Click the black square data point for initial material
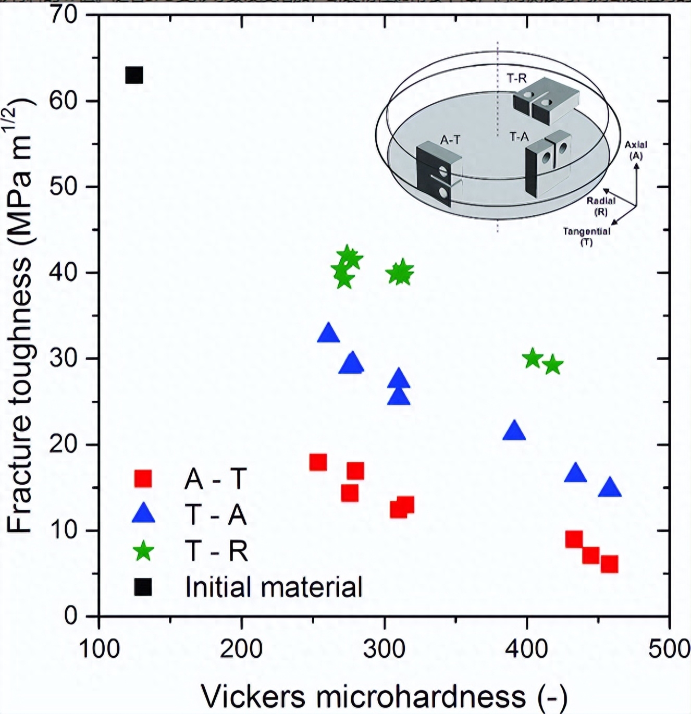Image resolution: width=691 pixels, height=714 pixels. pyautogui.click(x=134, y=76)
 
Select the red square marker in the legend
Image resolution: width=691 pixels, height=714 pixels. pyautogui.click(x=143, y=478)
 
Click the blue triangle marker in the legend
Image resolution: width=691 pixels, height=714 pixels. pyautogui.click(x=143, y=514)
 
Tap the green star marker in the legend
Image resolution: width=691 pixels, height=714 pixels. pyautogui.click(x=143, y=551)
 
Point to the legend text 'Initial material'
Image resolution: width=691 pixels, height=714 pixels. pyautogui.click(x=274, y=587)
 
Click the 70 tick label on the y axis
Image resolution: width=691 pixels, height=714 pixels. pyautogui.click(x=64, y=14)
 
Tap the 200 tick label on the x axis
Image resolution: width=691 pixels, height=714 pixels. pyautogui.click(x=241, y=649)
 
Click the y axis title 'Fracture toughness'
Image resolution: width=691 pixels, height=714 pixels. pyautogui.click(x=21, y=318)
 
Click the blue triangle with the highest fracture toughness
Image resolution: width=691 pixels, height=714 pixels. pyautogui.click(x=328, y=333)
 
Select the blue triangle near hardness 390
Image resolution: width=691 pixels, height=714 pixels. pyautogui.click(x=514, y=431)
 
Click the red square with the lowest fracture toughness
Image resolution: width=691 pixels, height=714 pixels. pyautogui.click(x=609, y=564)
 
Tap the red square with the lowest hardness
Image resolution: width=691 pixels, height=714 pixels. pyautogui.click(x=318, y=462)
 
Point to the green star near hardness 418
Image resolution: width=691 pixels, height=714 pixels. pyautogui.click(x=553, y=366)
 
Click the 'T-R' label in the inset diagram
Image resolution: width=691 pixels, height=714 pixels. pyautogui.click(x=516, y=78)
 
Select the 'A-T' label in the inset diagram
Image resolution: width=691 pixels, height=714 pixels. pyautogui.click(x=450, y=140)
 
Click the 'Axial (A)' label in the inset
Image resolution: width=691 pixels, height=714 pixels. pyautogui.click(x=636, y=150)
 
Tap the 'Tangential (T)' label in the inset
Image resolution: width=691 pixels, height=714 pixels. pyautogui.click(x=586, y=236)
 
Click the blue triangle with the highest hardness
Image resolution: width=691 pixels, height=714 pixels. pyautogui.click(x=610, y=488)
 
